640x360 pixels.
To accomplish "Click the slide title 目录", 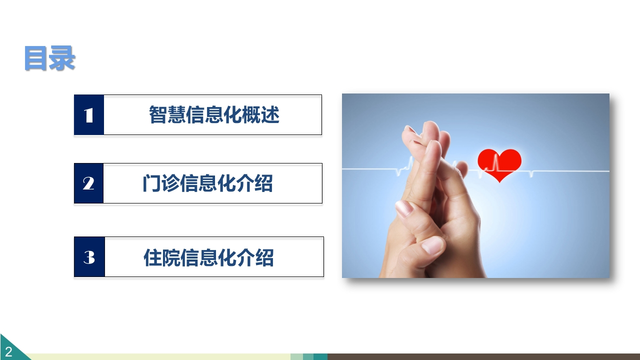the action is (x=49, y=58).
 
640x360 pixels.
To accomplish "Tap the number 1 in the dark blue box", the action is (x=88, y=115).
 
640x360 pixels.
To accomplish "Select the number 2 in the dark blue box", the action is (x=88, y=183).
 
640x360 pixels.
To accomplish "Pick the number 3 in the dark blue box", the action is (x=89, y=257).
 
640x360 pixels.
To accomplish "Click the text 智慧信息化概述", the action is (x=214, y=115).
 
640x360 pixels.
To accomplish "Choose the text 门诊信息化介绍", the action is (x=207, y=183).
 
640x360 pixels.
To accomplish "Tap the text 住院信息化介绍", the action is (x=208, y=257).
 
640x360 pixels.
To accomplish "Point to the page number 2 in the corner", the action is (x=8, y=351).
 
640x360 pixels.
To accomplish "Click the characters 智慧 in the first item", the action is (x=167, y=115).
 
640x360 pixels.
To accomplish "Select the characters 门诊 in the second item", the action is (x=161, y=183).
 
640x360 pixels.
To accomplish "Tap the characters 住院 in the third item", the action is (x=162, y=257).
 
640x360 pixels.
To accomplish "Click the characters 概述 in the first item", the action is (x=260, y=115).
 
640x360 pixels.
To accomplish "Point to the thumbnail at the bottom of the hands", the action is (x=433, y=245).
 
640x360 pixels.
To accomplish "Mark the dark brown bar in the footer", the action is (x=483, y=356).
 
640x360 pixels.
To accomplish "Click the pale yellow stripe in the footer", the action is (x=160, y=356).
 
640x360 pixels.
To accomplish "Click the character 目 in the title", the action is (x=36, y=58).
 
